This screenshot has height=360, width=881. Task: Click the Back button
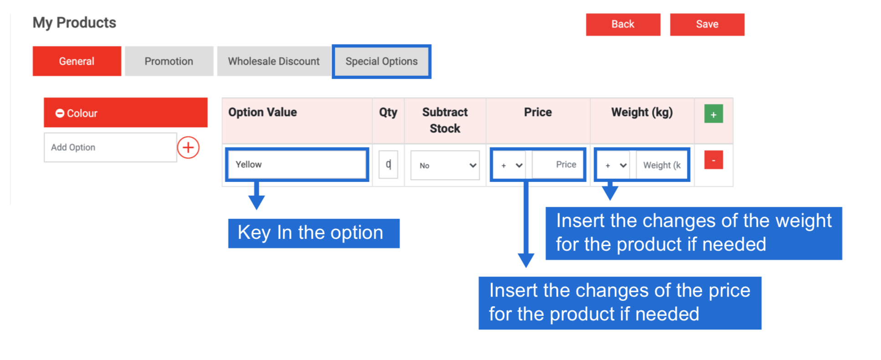(x=623, y=24)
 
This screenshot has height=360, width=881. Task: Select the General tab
(x=77, y=61)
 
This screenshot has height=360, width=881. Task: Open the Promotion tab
(x=169, y=61)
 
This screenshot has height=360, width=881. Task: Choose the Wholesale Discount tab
(x=274, y=61)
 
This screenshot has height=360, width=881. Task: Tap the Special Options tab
(x=381, y=61)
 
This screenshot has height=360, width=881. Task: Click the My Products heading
(x=74, y=23)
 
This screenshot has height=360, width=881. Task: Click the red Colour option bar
(x=126, y=113)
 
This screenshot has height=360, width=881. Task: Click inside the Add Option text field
(x=110, y=147)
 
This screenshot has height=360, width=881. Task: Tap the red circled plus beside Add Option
(x=188, y=147)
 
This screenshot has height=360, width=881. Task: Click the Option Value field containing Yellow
(x=297, y=165)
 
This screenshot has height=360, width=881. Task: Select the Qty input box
(x=388, y=165)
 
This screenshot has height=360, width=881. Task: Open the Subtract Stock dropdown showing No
(x=445, y=165)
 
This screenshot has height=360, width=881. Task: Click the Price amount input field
(x=558, y=165)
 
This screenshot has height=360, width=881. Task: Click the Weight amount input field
(x=661, y=165)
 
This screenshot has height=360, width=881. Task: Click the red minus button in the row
(x=713, y=160)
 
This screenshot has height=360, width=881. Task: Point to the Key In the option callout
(x=314, y=233)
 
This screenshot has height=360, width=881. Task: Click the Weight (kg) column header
(x=642, y=112)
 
